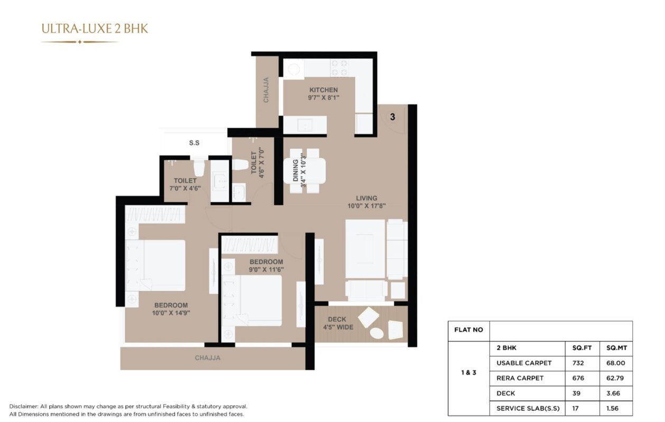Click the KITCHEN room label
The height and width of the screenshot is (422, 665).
tap(323, 90)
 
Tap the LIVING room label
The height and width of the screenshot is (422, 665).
tap(367, 198)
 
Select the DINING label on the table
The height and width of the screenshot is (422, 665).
tap(295, 170)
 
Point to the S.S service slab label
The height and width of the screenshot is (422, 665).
tap(194, 143)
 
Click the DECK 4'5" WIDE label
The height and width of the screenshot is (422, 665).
tap(338, 323)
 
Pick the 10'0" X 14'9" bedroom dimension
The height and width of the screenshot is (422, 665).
tap(171, 313)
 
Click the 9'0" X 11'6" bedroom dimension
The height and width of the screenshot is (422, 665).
tap(266, 270)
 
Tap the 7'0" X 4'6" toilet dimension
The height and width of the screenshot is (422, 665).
tap(185, 188)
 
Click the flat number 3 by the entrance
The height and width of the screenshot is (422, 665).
tap(392, 117)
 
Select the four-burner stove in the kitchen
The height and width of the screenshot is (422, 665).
tap(339, 68)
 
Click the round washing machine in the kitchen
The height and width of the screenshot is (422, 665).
tap(294, 69)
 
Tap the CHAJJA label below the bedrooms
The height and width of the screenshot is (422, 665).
tap(208, 358)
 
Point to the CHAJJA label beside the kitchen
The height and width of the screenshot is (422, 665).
tap(266, 90)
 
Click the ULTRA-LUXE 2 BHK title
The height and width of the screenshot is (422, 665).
tap(95, 29)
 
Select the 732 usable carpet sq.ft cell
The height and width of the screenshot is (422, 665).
tap(578, 363)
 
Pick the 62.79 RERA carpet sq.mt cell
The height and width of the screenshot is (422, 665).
tap(615, 378)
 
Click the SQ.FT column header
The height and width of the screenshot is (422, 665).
tap(582, 348)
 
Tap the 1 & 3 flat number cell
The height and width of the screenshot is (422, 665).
tap(469, 372)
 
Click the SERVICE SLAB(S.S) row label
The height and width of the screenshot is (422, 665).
tap(528, 408)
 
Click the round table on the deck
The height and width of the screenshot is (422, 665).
tap(377, 333)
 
